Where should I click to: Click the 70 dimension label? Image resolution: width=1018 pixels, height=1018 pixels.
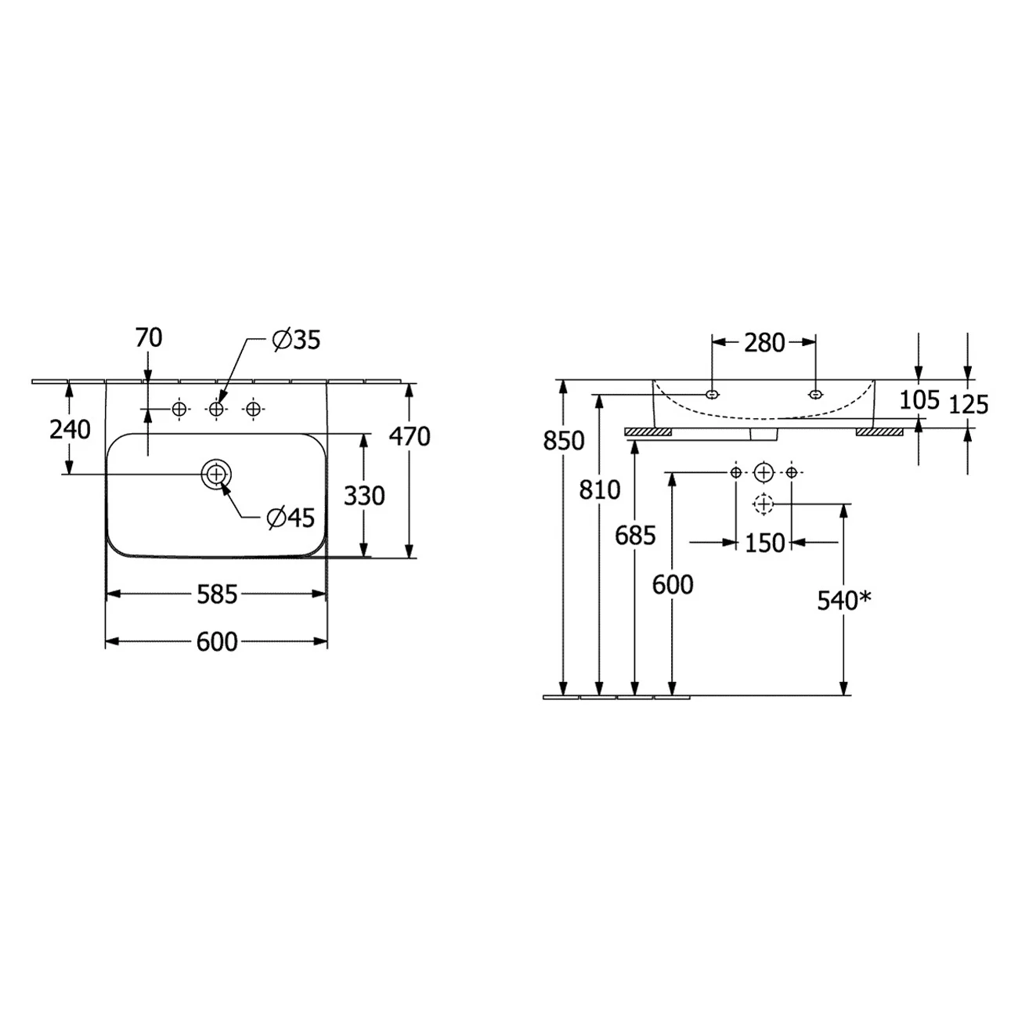[149, 338]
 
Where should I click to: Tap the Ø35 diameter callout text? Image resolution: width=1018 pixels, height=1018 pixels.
[296, 340]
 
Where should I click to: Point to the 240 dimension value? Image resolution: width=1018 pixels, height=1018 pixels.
[70, 430]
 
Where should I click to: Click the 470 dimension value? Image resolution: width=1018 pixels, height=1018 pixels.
[410, 436]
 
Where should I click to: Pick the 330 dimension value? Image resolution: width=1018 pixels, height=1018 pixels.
[364, 496]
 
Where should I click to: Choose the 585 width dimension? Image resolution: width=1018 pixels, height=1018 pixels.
[217, 595]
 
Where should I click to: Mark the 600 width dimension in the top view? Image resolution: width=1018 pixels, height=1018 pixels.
[217, 642]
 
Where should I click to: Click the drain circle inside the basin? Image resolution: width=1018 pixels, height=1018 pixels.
[216, 474]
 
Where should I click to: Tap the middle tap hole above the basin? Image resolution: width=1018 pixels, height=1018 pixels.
[216, 409]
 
